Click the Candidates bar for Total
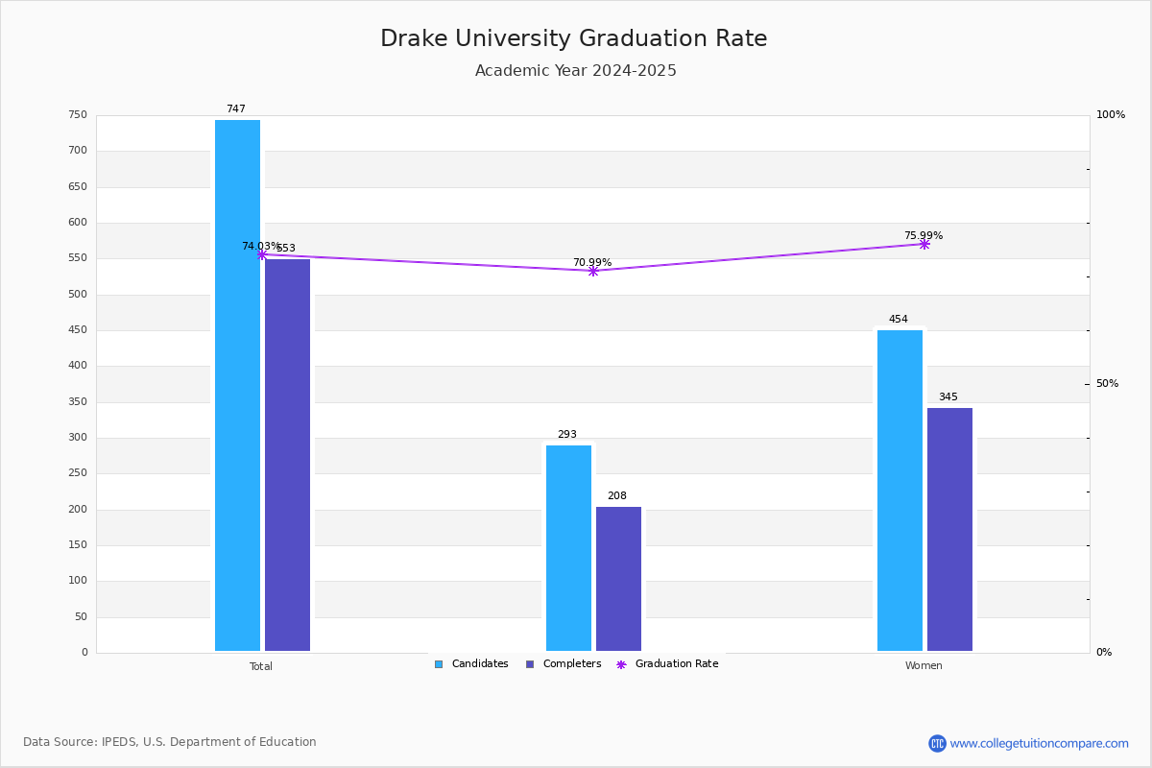tap(237, 385)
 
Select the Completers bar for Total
tap(287, 455)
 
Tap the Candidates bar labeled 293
tap(568, 548)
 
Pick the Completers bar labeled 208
tap(618, 579)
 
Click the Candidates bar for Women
tap(900, 491)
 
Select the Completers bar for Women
tap(949, 529)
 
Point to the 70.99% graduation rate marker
tap(593, 272)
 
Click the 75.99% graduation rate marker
tap(924, 245)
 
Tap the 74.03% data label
tap(260, 247)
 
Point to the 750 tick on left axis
tap(78, 115)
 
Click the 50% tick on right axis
tap(1107, 384)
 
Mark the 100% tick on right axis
tap(1110, 115)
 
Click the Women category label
tap(924, 666)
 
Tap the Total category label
tap(261, 666)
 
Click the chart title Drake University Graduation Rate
tap(574, 39)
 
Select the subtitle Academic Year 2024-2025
tap(576, 71)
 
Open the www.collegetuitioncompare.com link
tap(1039, 743)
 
